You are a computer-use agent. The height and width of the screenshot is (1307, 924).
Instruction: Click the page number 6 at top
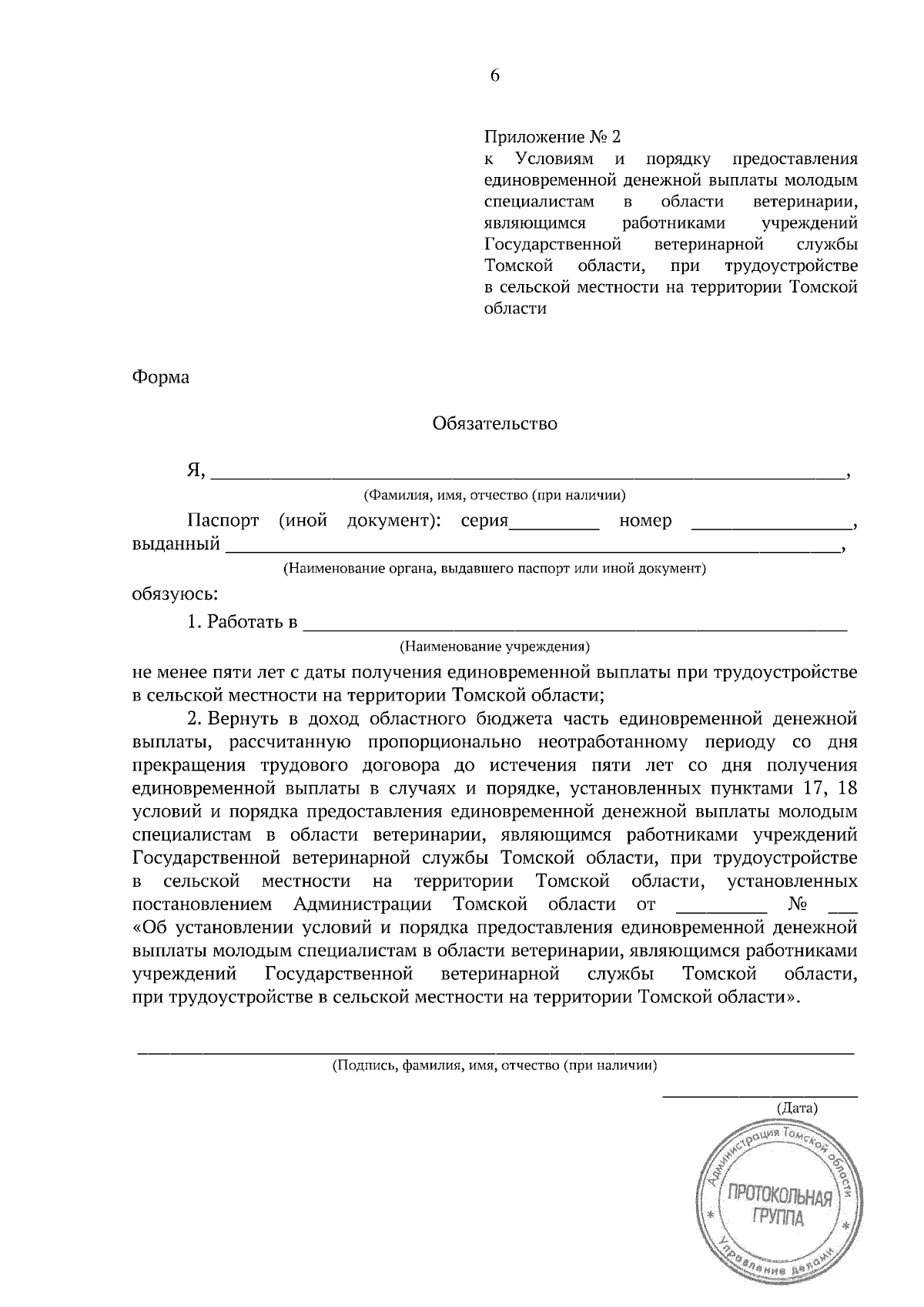(494, 75)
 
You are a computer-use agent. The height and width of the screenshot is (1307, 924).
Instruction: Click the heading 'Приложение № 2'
(551, 137)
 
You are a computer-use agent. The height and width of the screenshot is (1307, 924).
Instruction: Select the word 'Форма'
(160, 378)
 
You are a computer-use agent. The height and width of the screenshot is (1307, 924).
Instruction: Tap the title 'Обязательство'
(494, 423)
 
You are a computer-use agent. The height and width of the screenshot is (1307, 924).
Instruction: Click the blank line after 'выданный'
(531, 547)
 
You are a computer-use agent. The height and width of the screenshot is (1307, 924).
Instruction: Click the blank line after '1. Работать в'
(575, 623)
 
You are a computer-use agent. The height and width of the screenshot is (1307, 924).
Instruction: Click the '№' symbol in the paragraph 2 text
(797, 904)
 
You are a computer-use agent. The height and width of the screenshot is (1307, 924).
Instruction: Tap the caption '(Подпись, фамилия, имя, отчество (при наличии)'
(494, 1066)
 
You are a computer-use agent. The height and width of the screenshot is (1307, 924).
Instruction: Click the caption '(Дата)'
(796, 1108)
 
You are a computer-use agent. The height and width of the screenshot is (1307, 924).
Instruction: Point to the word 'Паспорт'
(223, 521)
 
